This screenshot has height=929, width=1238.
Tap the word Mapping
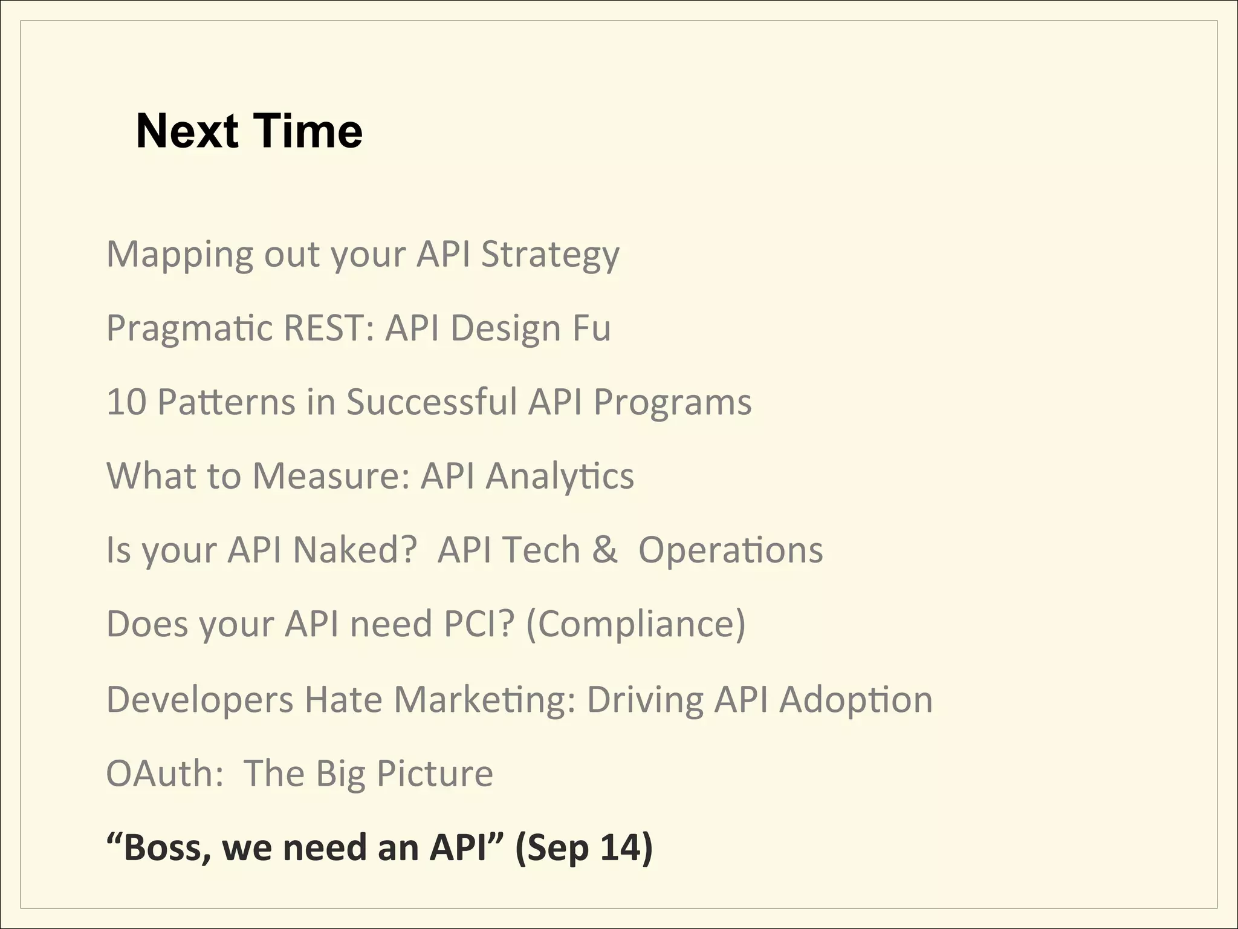click(180, 255)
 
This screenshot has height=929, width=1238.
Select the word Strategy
click(550, 255)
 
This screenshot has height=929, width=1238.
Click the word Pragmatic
click(189, 328)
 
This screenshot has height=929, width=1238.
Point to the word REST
click(326, 328)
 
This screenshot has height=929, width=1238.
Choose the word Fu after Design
click(591, 328)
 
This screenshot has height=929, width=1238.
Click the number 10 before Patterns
click(126, 402)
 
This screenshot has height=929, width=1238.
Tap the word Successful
click(432, 402)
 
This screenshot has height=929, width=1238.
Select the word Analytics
click(560, 476)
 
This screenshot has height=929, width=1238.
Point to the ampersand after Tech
click(604, 550)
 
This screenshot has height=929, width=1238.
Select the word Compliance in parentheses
click(636, 624)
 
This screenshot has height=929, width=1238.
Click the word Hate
click(343, 700)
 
